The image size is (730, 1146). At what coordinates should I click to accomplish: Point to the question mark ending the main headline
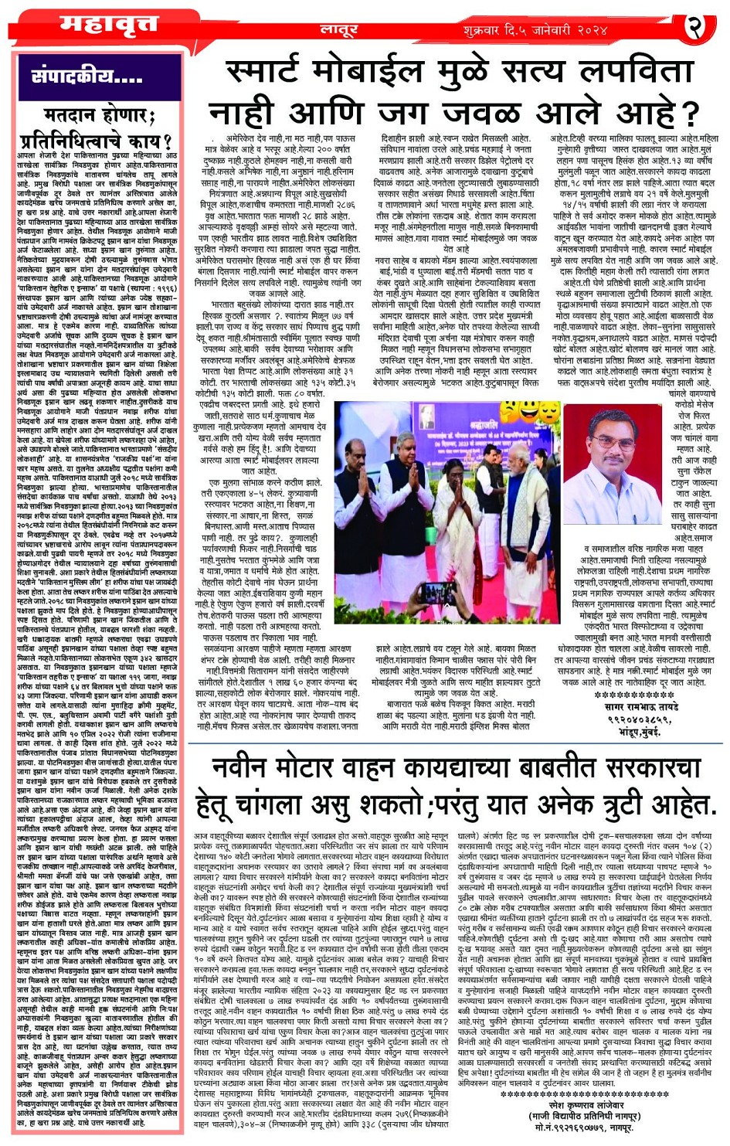click(x=689, y=113)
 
